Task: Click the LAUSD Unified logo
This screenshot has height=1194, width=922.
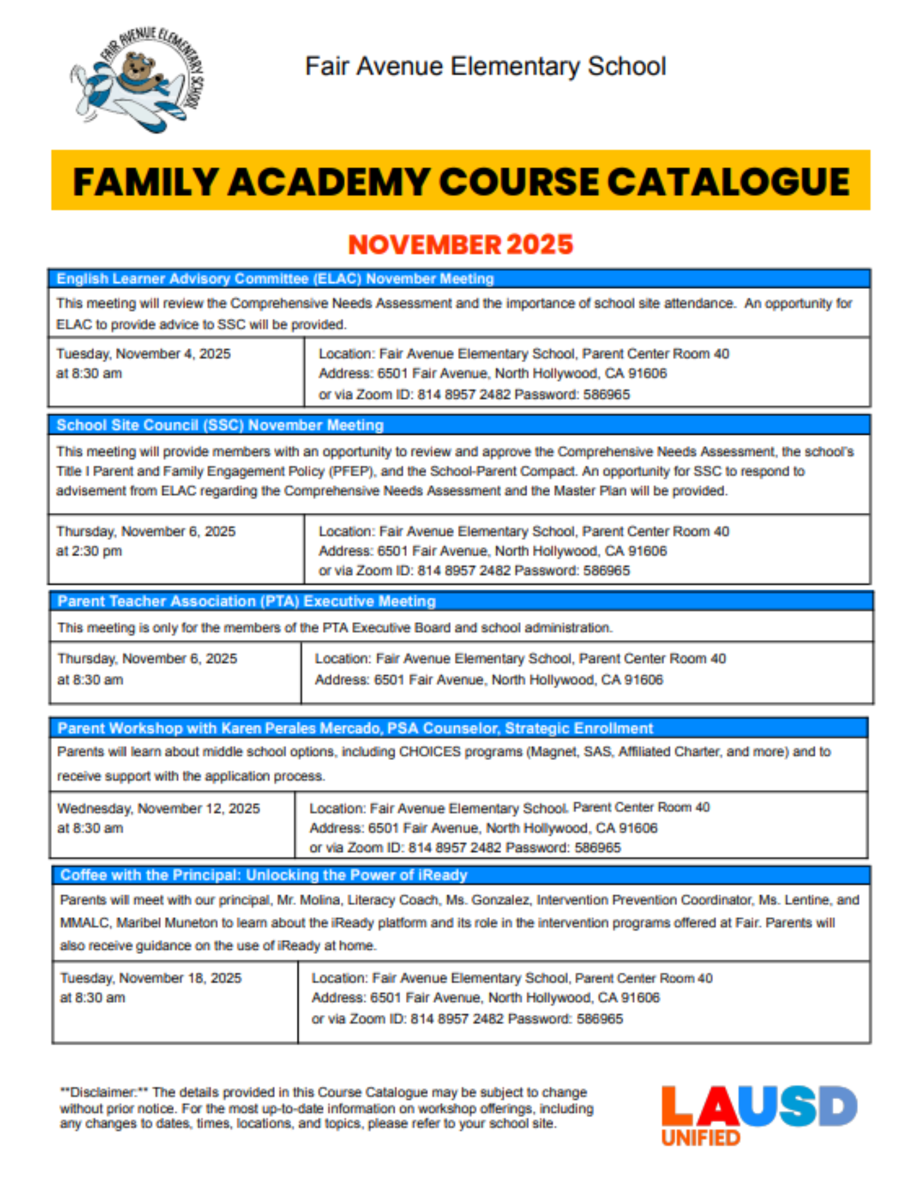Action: pos(758,1114)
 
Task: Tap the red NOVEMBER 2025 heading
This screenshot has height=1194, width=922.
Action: pos(460,245)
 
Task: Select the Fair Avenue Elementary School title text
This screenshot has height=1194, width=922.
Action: pos(485,66)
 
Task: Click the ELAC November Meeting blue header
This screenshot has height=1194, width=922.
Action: pos(275,279)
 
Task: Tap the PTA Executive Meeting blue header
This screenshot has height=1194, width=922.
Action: pos(246,601)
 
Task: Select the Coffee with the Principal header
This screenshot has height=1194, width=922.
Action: pos(264,875)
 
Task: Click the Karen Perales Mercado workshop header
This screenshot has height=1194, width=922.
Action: pos(355,728)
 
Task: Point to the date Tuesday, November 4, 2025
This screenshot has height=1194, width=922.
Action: pos(143,354)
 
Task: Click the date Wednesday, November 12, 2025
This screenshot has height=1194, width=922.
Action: pos(158,808)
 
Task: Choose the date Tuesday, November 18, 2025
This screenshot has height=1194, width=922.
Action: pos(150,978)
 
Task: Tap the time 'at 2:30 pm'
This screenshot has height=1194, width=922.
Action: pos(89,551)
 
